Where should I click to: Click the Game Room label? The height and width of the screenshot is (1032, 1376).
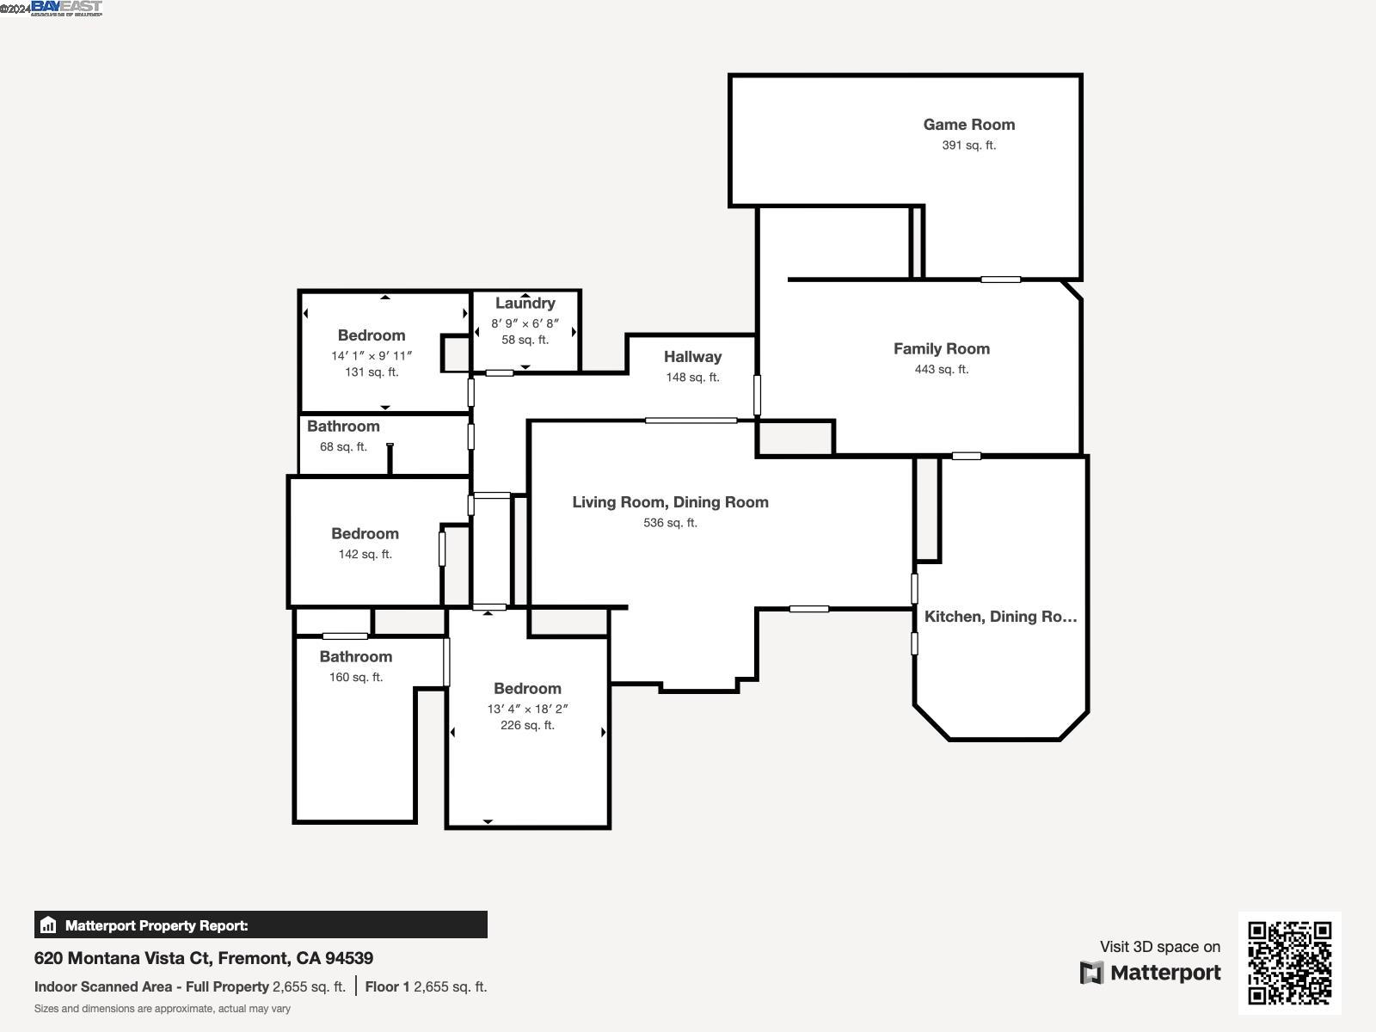pos(968,125)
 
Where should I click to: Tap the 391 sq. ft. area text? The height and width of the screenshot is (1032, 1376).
pos(968,145)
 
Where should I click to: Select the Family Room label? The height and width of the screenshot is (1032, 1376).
pos(941,348)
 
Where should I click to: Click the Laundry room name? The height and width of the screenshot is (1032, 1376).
pos(525,304)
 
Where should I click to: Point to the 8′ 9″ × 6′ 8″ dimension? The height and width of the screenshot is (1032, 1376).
pos(525,323)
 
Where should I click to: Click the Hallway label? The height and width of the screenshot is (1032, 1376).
pos(692,357)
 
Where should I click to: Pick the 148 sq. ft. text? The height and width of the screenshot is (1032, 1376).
pos(692,378)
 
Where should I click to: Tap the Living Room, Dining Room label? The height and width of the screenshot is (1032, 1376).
pos(670,502)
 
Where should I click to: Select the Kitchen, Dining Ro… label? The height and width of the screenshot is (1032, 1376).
pos(1000,617)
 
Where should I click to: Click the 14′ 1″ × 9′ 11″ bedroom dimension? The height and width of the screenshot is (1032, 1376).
pos(372,356)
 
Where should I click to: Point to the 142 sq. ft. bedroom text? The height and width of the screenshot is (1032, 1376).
pos(365,555)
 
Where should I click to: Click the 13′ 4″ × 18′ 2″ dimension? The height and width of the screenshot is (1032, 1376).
pos(527,709)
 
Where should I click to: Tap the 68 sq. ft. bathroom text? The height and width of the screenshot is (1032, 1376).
pos(343,447)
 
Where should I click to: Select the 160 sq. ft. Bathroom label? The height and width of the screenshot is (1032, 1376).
pos(355,657)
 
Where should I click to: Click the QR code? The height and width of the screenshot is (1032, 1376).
pos(1289,962)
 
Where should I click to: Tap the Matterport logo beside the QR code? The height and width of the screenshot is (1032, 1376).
pos(1151,973)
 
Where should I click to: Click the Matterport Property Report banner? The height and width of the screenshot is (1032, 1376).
pos(261,925)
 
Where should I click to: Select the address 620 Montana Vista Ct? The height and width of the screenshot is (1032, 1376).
pos(204,958)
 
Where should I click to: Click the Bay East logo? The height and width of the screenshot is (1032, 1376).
pos(66,8)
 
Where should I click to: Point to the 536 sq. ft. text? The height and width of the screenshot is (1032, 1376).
pos(670,523)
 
